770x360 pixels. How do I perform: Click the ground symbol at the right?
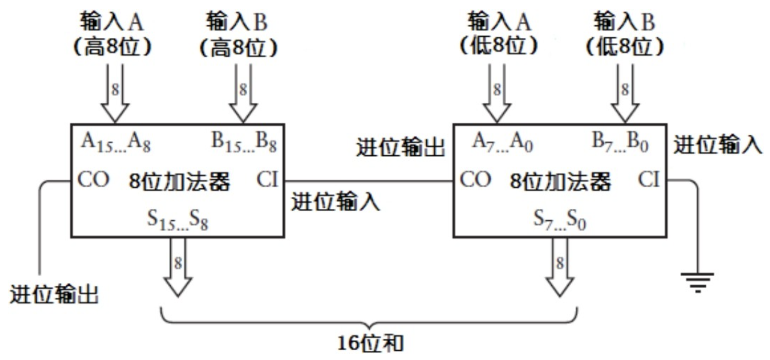(x=697, y=282)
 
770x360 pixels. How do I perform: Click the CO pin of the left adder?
(x=93, y=180)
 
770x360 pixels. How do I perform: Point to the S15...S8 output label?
(x=178, y=220)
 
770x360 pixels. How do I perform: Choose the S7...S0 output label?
(x=559, y=220)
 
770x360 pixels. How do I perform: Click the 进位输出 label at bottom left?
(x=54, y=294)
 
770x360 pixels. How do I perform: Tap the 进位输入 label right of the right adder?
(x=718, y=145)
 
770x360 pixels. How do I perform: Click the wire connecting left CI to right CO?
(x=369, y=181)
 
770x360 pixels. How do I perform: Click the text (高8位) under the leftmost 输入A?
(x=112, y=47)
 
